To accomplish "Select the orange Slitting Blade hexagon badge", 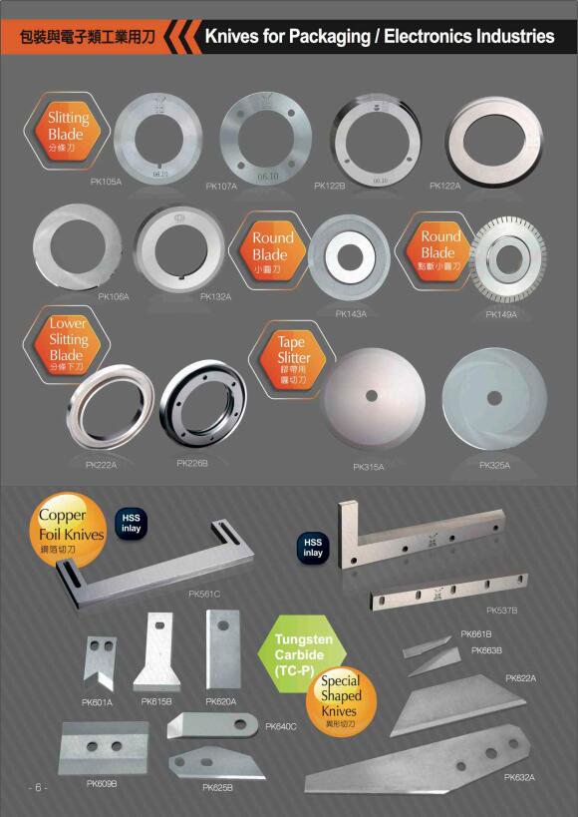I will pyautogui.click(x=67, y=127).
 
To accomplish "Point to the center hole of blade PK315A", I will pyautogui.click(x=372, y=396).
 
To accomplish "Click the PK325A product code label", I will pyautogui.click(x=494, y=465).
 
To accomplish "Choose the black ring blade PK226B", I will pyautogui.click(x=200, y=404).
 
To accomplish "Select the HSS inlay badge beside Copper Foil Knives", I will pyautogui.click(x=130, y=524).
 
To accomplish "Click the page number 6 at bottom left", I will pyautogui.click(x=38, y=787).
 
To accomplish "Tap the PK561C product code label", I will pyautogui.click(x=204, y=595).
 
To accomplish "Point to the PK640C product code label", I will pyautogui.click(x=281, y=726).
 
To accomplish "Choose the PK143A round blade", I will pyautogui.click(x=349, y=257).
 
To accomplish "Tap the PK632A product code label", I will pyautogui.click(x=519, y=777).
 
